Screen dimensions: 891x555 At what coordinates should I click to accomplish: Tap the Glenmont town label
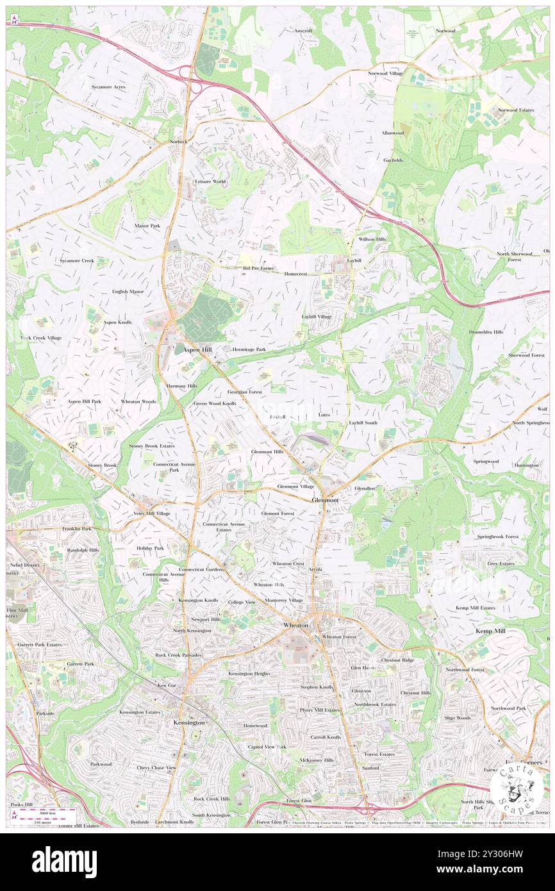point(325,499)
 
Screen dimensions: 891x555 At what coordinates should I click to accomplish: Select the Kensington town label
point(189,722)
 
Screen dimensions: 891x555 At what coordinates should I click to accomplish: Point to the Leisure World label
point(210,181)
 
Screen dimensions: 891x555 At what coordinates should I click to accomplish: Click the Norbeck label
point(178,141)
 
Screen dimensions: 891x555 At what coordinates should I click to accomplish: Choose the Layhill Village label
point(317,317)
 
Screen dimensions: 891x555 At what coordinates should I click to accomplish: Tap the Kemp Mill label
point(490,631)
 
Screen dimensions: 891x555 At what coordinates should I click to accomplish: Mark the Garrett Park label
point(80,663)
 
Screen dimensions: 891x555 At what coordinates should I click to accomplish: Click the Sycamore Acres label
point(108,86)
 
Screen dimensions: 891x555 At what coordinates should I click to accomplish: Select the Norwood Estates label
point(515,110)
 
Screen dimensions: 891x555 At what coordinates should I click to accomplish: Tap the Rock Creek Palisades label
point(179,655)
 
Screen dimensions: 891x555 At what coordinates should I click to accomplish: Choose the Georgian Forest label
point(245,391)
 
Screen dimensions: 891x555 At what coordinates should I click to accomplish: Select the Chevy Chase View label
point(156,767)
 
